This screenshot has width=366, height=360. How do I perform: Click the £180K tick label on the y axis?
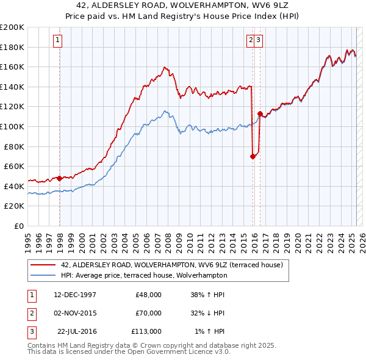[12, 47]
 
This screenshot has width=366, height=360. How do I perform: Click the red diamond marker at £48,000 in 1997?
[59, 179]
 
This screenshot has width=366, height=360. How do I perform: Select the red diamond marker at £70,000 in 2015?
[253, 156]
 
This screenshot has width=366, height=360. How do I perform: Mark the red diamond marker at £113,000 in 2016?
[260, 113]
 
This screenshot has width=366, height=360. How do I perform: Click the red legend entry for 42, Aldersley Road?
[171, 265]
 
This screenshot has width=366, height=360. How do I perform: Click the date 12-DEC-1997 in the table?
[75, 295]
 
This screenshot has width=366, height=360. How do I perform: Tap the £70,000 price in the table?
[148, 313]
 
